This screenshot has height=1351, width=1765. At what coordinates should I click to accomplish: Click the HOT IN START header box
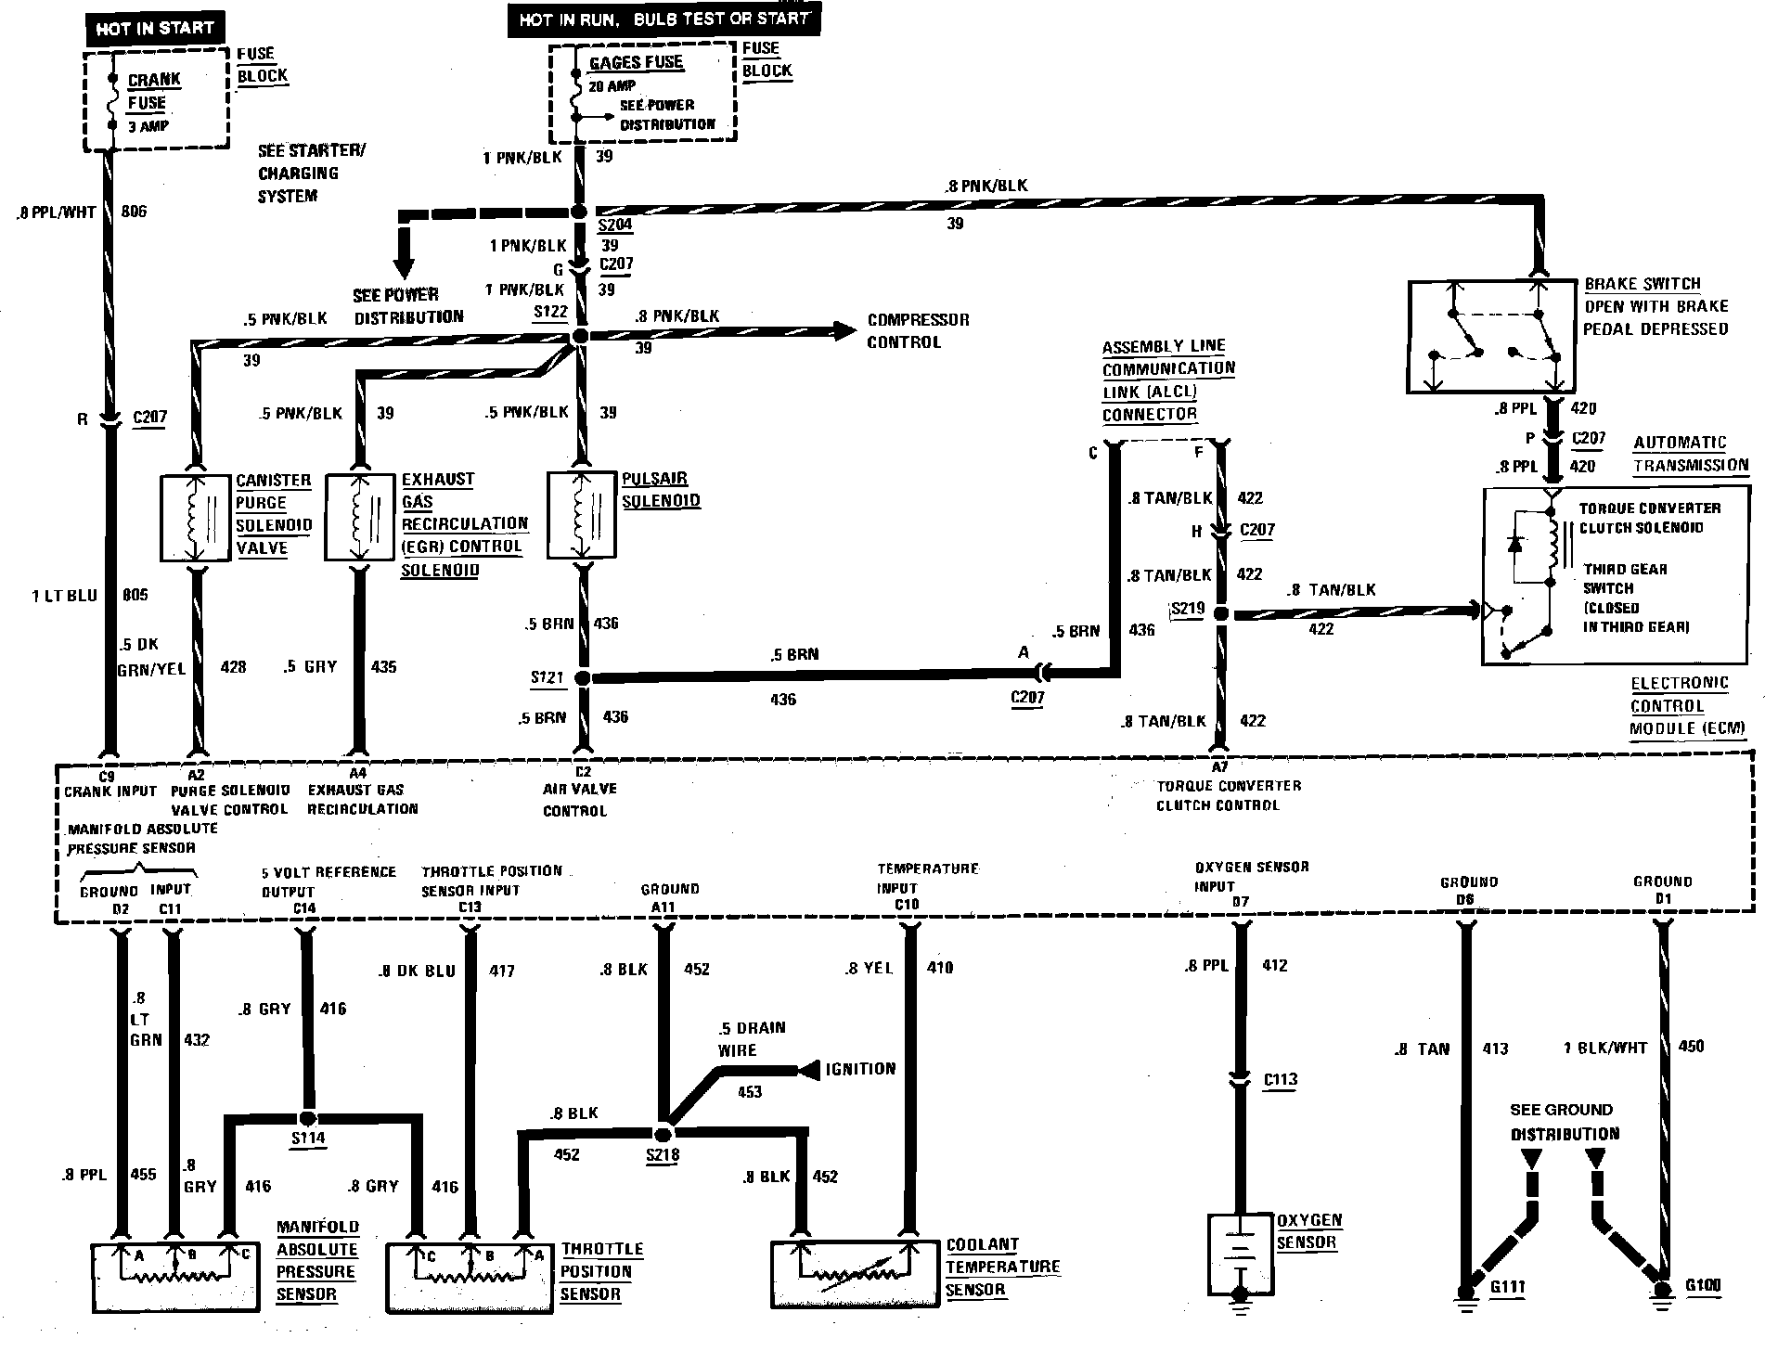coord(154,29)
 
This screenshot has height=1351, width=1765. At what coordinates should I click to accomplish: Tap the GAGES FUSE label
coord(636,62)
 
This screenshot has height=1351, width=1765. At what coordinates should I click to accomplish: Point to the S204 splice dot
coord(581,212)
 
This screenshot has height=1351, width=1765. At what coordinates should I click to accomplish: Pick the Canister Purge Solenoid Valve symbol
coord(195,518)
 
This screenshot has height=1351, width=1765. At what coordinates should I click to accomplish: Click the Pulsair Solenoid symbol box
coord(582,515)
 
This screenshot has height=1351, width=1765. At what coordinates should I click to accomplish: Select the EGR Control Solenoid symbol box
coord(359,518)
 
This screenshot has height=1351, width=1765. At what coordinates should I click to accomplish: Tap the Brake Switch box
coord(1490,337)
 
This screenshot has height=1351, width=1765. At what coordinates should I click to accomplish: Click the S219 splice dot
coord(1220,613)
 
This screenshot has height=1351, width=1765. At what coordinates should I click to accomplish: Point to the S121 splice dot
coord(582,678)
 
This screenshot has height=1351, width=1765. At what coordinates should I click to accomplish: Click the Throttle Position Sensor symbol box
coord(470,1276)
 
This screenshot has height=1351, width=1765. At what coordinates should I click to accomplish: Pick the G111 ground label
coord(1507,1288)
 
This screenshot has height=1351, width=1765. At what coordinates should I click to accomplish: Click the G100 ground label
coord(1703,1286)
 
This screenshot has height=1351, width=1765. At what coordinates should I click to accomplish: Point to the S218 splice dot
coord(662,1134)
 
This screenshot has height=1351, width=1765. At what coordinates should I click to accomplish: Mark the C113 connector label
coord(1280,1079)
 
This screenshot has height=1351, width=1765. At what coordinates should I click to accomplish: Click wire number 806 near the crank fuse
coord(135,212)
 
